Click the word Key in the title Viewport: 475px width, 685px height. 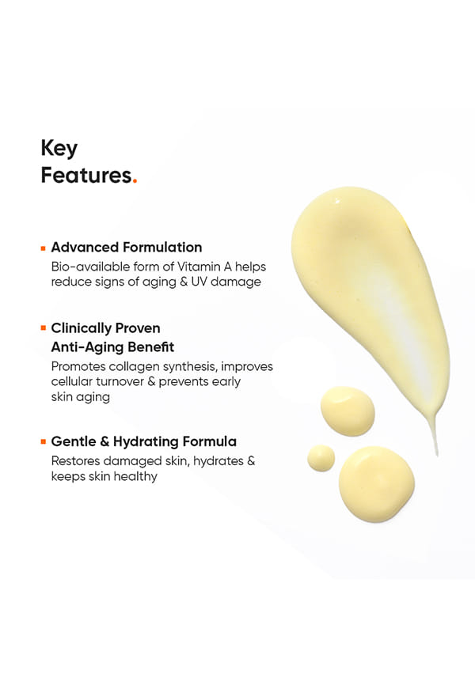pyautogui.click(x=59, y=149)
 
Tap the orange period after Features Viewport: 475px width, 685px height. pyautogui.click(x=135, y=181)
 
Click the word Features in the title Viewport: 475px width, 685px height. pyautogui.click(x=86, y=175)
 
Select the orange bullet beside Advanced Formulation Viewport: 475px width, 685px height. pyautogui.click(x=44, y=248)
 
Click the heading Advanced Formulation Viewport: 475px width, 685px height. pyautogui.click(x=127, y=248)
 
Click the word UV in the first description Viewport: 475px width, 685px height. pyautogui.click(x=199, y=282)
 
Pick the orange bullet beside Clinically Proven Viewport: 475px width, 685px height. pyautogui.click(x=44, y=327)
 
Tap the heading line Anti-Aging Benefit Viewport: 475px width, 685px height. pyautogui.click(x=112, y=347)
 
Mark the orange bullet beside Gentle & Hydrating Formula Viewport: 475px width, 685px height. pyautogui.click(x=44, y=441)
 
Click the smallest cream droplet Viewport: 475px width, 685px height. pyautogui.click(x=321, y=458)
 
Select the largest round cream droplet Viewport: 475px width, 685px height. pyautogui.click(x=377, y=484)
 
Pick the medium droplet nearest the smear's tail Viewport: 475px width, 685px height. pyautogui.click(x=348, y=411)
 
